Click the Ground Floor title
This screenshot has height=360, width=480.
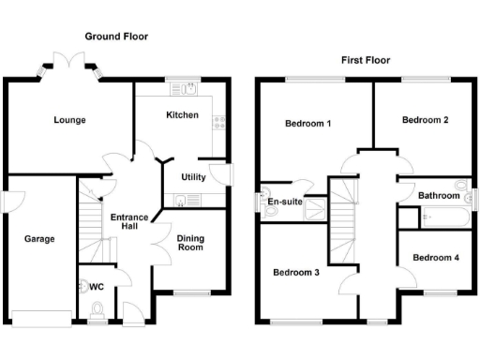point(116,37)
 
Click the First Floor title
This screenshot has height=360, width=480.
point(365,59)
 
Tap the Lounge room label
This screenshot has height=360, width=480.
point(69,120)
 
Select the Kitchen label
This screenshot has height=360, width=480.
point(182,115)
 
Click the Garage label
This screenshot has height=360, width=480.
point(39,239)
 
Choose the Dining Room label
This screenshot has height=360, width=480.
point(190,243)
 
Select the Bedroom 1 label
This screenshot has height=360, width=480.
point(307,124)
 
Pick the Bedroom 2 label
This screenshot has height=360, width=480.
point(425,120)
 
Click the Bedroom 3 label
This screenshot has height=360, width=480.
point(296,273)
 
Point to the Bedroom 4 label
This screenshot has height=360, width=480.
point(435,258)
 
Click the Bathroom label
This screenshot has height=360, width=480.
point(439,196)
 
